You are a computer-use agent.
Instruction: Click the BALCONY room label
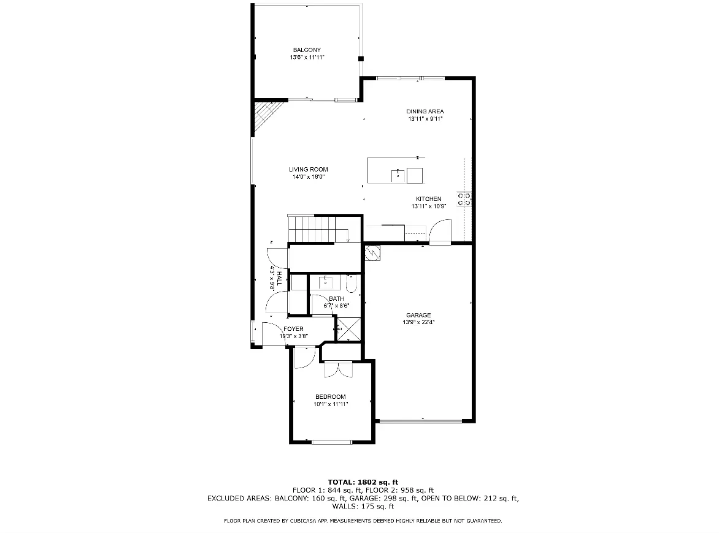click(x=307, y=50)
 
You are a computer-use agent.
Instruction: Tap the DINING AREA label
click(x=425, y=112)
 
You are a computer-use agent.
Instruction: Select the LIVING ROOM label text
click(x=308, y=170)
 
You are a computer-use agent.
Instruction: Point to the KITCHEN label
click(x=429, y=198)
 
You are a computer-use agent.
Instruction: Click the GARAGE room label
click(x=418, y=315)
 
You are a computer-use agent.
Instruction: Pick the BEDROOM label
click(x=331, y=396)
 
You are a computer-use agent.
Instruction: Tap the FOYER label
click(x=293, y=329)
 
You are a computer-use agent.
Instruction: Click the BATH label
click(x=337, y=298)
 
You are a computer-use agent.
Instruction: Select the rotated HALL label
click(x=279, y=278)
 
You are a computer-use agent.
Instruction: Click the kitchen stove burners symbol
click(x=464, y=199)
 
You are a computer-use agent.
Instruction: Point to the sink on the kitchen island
click(x=398, y=175)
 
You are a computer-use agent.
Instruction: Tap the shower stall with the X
click(x=348, y=328)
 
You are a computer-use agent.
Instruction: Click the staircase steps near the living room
click(x=312, y=228)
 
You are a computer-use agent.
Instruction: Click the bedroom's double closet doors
click(x=339, y=369)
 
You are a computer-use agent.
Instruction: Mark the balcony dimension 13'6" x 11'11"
click(x=307, y=58)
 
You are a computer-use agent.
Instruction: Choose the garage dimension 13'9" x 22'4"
click(x=418, y=322)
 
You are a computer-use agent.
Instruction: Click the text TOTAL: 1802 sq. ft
click(x=363, y=482)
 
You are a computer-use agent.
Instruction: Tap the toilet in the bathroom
click(x=351, y=284)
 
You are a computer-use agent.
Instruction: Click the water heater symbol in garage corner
click(x=373, y=253)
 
